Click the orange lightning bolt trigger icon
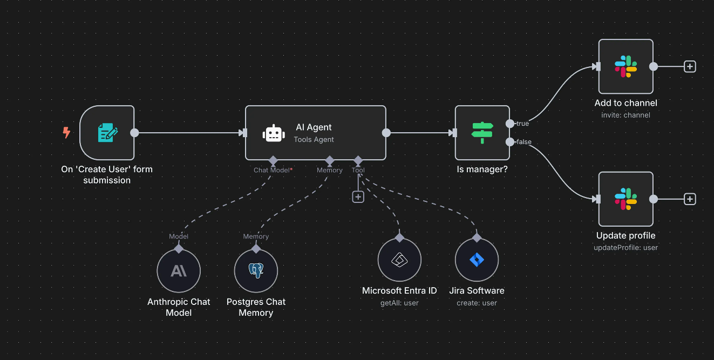click(x=66, y=132)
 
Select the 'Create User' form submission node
click(x=107, y=133)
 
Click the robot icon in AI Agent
click(x=274, y=133)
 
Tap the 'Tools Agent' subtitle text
click(x=314, y=139)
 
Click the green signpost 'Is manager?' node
click(x=482, y=133)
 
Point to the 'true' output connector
click(x=510, y=124)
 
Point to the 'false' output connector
click(x=510, y=142)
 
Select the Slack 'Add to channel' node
click(x=625, y=66)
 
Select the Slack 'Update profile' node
click(x=625, y=199)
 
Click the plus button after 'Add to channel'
click(x=690, y=66)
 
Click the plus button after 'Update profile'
click(x=690, y=199)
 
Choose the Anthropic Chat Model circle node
click(x=179, y=270)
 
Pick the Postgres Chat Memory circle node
click(x=256, y=270)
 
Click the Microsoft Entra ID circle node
click(x=399, y=260)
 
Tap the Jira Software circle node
click(x=477, y=260)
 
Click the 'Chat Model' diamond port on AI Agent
click(x=273, y=160)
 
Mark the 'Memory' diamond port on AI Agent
click(x=329, y=160)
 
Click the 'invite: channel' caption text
click(x=625, y=115)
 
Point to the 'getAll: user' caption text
click(x=399, y=303)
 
